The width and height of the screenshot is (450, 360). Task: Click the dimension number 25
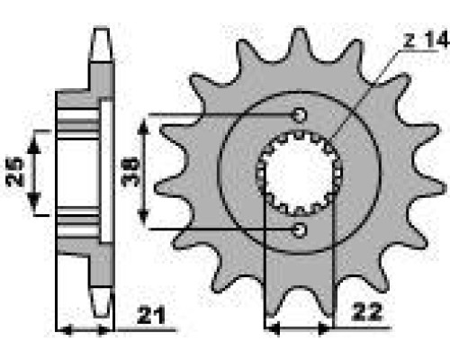[x=15, y=172]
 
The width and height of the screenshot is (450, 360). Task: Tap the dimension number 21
[x=151, y=315]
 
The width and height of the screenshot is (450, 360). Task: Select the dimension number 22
[x=367, y=312]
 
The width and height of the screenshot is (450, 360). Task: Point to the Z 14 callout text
[x=426, y=40]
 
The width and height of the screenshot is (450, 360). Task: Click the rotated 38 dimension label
[x=130, y=173]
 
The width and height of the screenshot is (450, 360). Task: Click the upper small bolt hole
[x=300, y=114]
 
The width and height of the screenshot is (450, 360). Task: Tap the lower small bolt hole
[x=300, y=230]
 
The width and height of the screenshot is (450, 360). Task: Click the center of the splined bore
[x=299, y=174]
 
